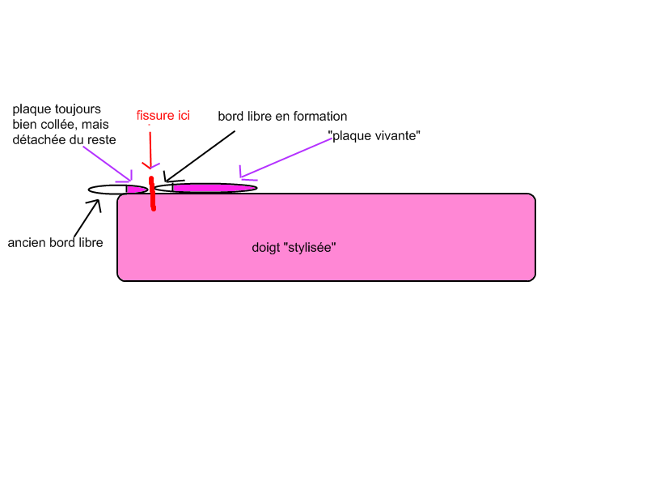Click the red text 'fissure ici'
[163, 116]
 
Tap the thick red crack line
[152, 194]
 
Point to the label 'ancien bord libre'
[55, 242]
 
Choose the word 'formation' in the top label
[320, 117]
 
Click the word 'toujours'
[79, 109]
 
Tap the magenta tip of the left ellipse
[136, 190]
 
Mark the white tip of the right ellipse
[163, 188]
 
